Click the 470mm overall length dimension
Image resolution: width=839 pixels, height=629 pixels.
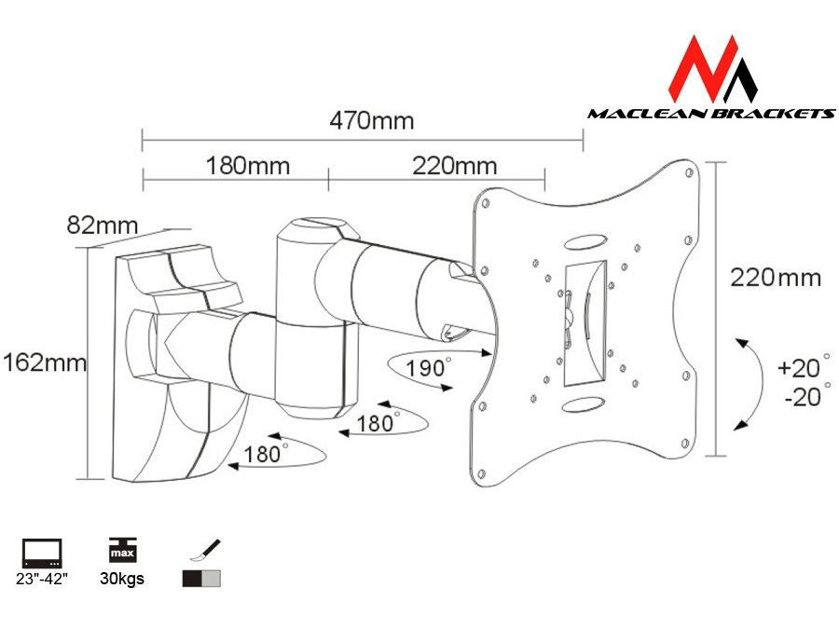pos(371,121)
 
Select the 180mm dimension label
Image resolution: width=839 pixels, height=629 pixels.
pos(247,166)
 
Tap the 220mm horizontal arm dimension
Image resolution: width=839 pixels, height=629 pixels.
pos(455,166)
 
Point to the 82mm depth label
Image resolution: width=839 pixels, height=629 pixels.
pos(103,225)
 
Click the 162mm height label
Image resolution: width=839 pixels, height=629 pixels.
pos(43,362)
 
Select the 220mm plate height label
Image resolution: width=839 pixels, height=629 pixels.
pos(776,277)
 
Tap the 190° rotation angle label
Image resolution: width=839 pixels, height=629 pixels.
pos(425,366)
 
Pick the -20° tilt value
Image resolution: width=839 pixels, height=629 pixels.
pos(800,397)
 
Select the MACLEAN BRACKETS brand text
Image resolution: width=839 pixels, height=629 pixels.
pos(710,114)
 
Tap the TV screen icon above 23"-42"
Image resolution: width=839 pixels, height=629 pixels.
pos(41,554)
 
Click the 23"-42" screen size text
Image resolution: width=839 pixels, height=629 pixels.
pos(42,580)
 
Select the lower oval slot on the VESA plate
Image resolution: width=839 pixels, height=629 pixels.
pos(582,405)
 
